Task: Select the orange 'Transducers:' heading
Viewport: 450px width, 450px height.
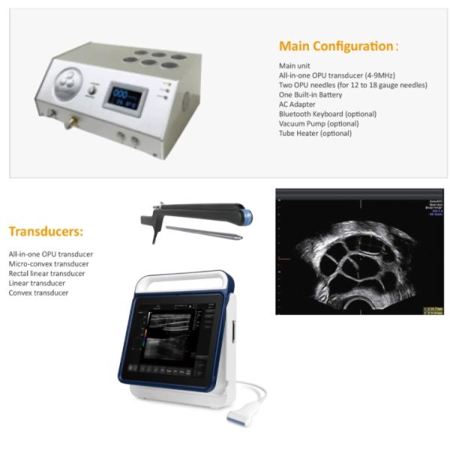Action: click(46, 232)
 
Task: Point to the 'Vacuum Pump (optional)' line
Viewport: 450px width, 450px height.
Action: click(318, 124)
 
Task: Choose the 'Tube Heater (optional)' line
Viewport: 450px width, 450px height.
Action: click(314, 133)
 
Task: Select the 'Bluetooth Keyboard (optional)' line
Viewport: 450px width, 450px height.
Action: click(327, 114)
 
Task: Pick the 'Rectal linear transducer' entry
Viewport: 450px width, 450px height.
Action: click(46, 274)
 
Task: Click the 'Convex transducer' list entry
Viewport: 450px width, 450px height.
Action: click(38, 292)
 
